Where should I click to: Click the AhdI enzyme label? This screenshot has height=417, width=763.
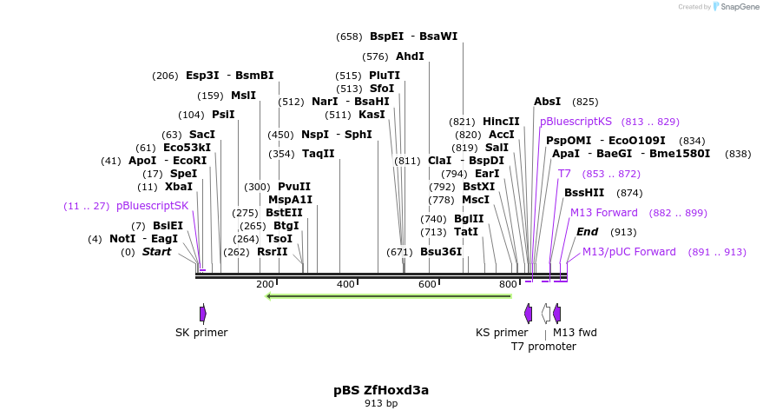coord(410,56)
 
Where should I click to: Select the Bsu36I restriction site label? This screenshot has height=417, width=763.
coord(440,252)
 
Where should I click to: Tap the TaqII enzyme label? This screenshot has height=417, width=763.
coord(318,154)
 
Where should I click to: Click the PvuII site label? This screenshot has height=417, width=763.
coord(294,187)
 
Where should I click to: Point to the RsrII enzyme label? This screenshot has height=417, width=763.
coord(272,252)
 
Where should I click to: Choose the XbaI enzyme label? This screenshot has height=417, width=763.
coord(178,187)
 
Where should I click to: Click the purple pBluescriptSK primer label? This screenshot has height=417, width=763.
coord(152,206)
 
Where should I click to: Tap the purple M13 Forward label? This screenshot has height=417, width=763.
coord(603,213)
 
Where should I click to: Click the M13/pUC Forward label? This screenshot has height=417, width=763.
coord(628,252)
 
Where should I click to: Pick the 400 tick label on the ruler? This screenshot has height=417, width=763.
coord(345,284)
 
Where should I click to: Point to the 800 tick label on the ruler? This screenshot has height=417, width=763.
coord(508,284)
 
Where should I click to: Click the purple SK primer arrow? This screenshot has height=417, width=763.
coord(202,314)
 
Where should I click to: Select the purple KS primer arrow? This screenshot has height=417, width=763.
coord(528,314)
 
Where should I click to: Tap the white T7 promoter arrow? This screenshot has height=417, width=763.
coord(545,314)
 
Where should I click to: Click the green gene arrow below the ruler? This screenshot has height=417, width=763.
coord(388,296)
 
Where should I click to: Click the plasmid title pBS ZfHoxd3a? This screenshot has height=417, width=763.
coord(381,390)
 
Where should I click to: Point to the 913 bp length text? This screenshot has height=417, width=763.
coord(381,404)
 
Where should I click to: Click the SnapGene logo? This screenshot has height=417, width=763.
coord(736,7)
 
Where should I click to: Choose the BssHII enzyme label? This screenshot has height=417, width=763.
coord(584,193)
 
